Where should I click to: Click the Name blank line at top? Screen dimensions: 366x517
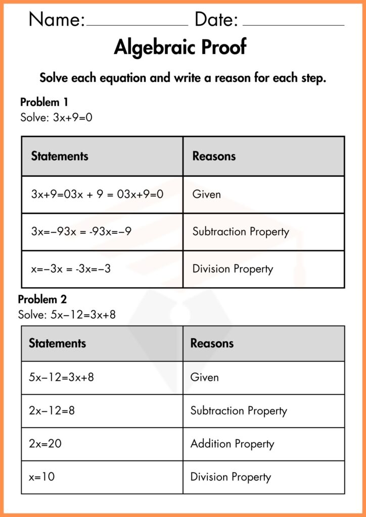[x=137, y=24]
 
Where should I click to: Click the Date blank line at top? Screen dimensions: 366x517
[x=293, y=24]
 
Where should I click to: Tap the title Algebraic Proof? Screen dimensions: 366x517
[x=180, y=47]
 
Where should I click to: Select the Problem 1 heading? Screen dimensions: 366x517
[x=44, y=102]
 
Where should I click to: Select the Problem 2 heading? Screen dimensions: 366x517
[x=42, y=299]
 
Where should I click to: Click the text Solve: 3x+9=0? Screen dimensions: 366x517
[x=56, y=118]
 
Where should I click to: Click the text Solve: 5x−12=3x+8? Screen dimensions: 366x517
[x=67, y=315]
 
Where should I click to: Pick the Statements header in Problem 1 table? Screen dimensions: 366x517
[x=60, y=156]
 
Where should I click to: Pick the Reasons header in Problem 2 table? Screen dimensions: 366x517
[x=212, y=343]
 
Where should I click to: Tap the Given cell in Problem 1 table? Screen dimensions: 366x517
[x=206, y=194]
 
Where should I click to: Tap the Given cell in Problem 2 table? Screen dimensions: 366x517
[x=204, y=377]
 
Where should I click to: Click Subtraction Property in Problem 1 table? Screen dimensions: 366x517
[x=241, y=232]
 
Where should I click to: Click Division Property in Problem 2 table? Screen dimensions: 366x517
[x=231, y=477]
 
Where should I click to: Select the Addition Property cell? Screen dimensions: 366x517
[x=232, y=444]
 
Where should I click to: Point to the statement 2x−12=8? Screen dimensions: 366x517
[x=52, y=410]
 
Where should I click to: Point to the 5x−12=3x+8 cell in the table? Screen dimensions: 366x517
[x=61, y=377]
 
